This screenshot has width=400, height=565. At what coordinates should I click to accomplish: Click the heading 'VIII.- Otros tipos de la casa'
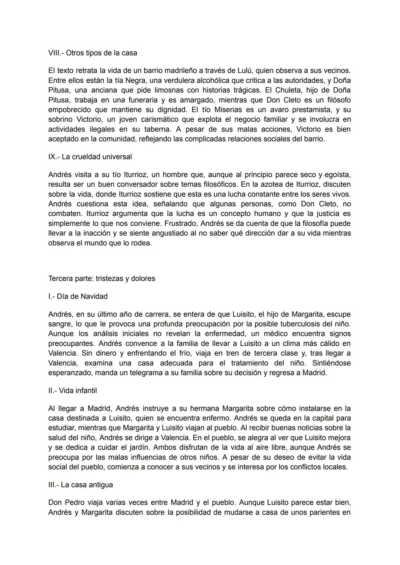93,53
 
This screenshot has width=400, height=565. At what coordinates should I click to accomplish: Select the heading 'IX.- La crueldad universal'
90,157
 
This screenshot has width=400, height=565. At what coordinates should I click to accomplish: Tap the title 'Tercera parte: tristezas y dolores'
101,279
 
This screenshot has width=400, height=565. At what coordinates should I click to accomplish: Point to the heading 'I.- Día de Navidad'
78,296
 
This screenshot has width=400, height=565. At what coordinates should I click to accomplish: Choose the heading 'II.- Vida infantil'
73,390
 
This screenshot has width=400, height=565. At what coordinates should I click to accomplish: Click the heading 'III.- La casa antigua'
80,485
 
